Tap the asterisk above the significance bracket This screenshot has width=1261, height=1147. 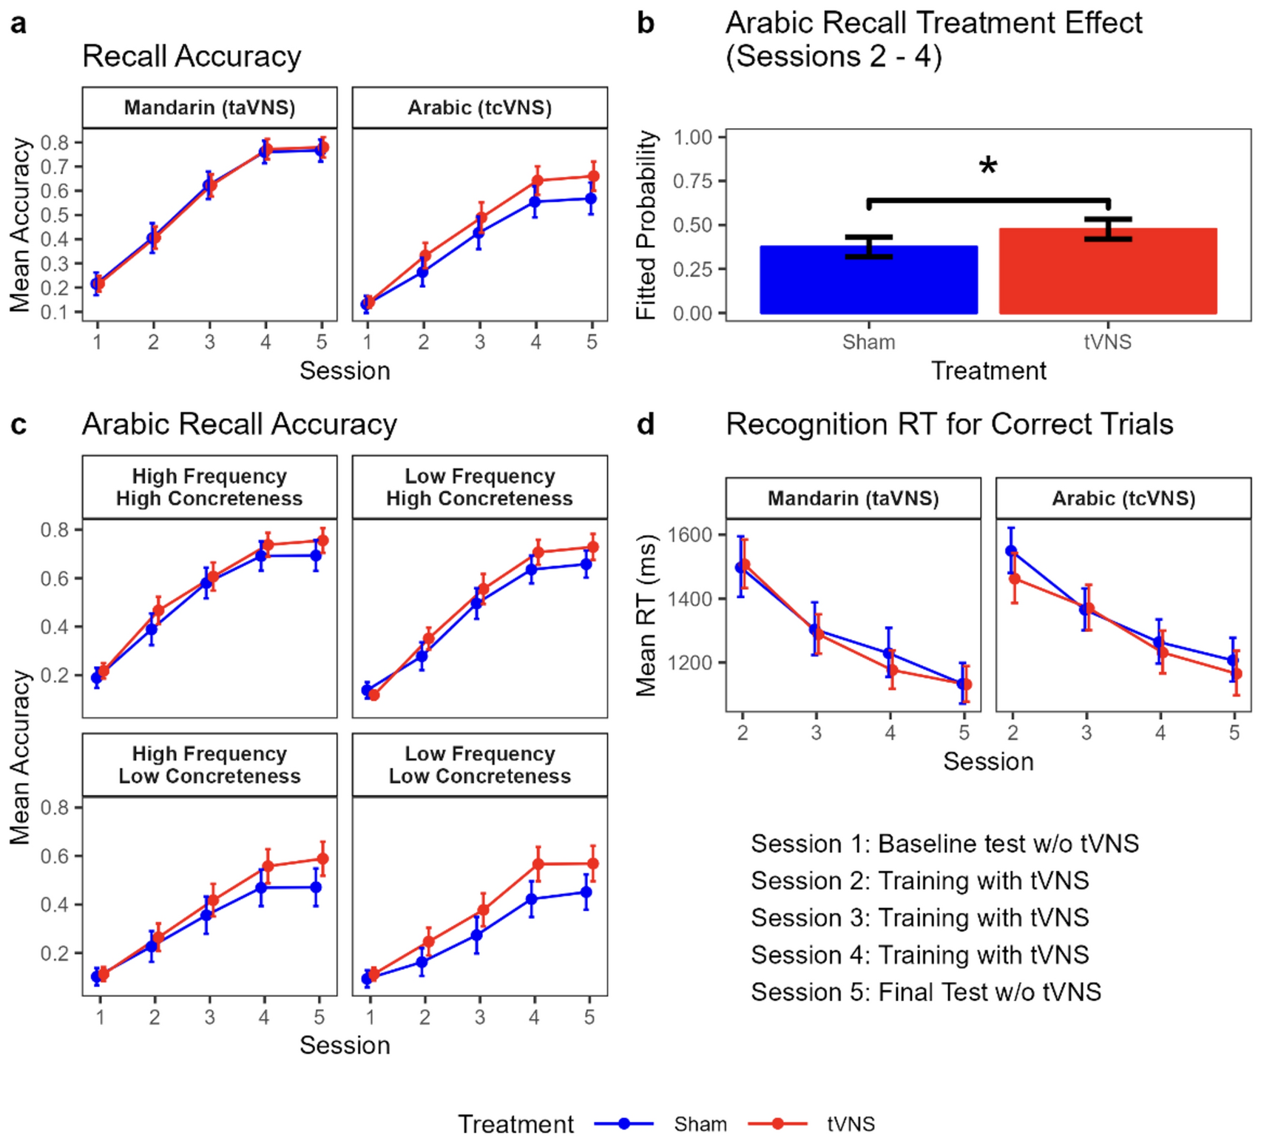click(987, 166)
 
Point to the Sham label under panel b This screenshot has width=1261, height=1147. click(868, 342)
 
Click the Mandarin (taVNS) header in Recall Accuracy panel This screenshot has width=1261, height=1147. click(209, 108)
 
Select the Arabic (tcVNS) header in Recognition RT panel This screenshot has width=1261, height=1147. click(1123, 499)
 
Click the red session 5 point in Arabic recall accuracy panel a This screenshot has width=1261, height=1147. click(592, 176)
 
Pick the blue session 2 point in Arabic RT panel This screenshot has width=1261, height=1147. click(1011, 551)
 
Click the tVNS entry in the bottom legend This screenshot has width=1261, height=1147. click(851, 1124)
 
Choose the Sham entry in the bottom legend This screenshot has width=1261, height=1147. click(700, 1124)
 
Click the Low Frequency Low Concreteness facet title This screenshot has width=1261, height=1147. click(479, 764)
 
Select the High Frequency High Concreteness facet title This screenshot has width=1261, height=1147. click(209, 487)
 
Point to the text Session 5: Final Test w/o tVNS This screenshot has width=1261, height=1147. click(925, 992)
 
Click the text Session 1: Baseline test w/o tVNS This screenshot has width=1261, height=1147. click(944, 844)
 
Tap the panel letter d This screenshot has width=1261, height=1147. click(645, 425)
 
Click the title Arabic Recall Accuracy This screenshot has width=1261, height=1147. click(239, 425)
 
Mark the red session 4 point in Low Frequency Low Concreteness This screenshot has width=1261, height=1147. click(538, 864)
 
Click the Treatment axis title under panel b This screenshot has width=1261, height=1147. click(987, 371)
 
